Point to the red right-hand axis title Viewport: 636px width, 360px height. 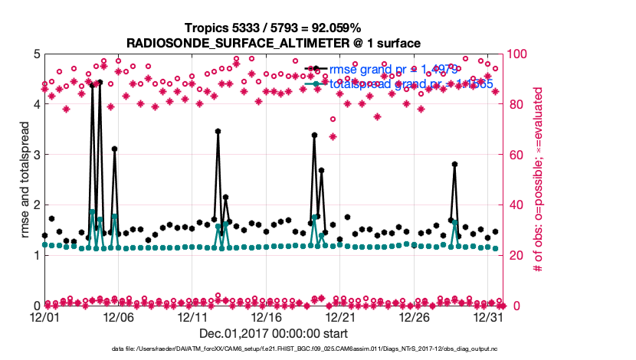[539, 179]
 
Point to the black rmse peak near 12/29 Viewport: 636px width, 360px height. [454, 164]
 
